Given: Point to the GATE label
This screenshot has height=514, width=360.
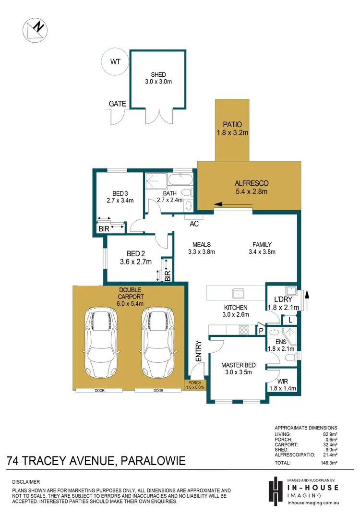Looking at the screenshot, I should coord(117,104).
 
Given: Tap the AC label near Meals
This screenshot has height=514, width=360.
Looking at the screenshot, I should coord(194,224).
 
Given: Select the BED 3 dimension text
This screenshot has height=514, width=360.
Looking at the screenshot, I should coord(120,200).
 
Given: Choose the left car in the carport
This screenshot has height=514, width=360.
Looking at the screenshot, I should coord(101,342).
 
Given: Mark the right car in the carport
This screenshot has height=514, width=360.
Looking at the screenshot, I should coord(157,342).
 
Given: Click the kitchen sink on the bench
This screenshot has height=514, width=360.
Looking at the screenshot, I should coord(237,293).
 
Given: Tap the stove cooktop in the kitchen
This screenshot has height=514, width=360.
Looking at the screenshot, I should coord(244,330).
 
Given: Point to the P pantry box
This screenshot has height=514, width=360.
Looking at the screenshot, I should coord(261,330).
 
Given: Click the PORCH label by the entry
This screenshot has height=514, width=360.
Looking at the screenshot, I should coord(195,383).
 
